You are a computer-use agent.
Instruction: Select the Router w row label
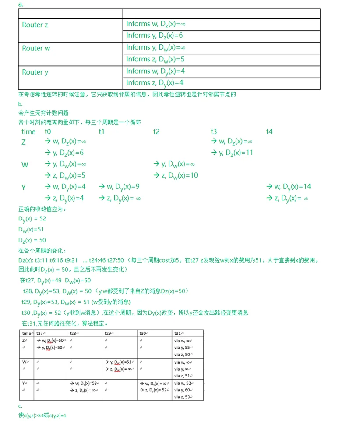click(36, 49)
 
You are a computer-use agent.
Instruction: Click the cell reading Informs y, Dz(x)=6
click(155, 36)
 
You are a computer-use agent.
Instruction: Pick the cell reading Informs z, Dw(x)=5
click(155, 60)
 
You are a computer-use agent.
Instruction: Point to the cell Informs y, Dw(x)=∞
click(156, 48)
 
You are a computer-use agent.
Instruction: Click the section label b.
click(20, 104)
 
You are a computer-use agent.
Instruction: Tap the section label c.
click(20, 406)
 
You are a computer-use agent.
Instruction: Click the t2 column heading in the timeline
click(156, 131)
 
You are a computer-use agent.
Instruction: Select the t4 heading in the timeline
click(269, 131)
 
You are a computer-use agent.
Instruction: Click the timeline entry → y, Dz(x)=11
click(232, 153)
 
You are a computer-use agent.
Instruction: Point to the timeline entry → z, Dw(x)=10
click(176, 176)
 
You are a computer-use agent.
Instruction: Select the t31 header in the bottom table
click(177, 333)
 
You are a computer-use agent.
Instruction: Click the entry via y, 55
click(183, 347)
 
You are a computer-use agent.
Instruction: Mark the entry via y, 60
click(183, 390)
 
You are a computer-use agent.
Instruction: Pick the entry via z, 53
click(183, 397)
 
